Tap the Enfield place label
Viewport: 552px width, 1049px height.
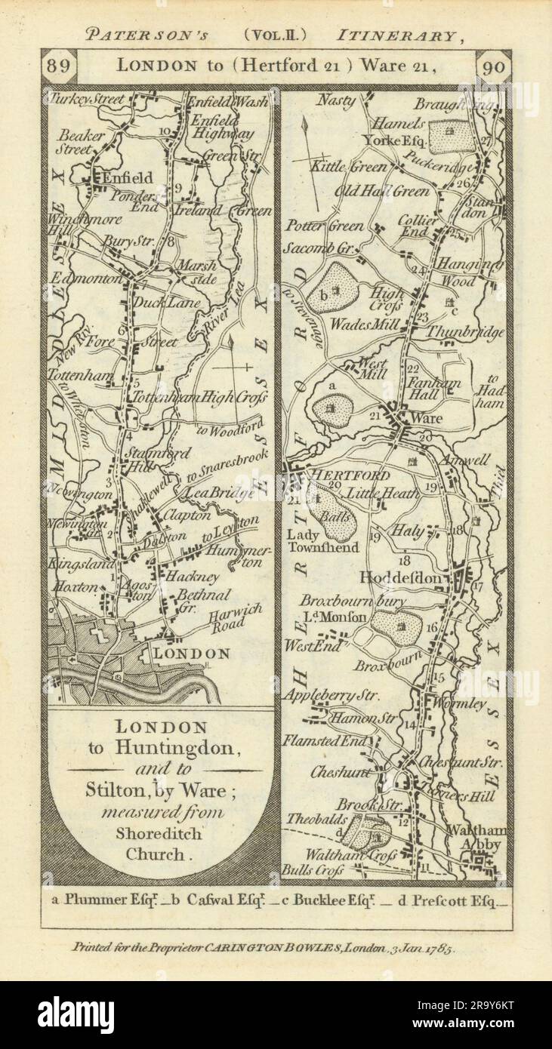coord(126,178)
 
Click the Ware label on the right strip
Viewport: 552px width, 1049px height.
coord(429,417)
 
